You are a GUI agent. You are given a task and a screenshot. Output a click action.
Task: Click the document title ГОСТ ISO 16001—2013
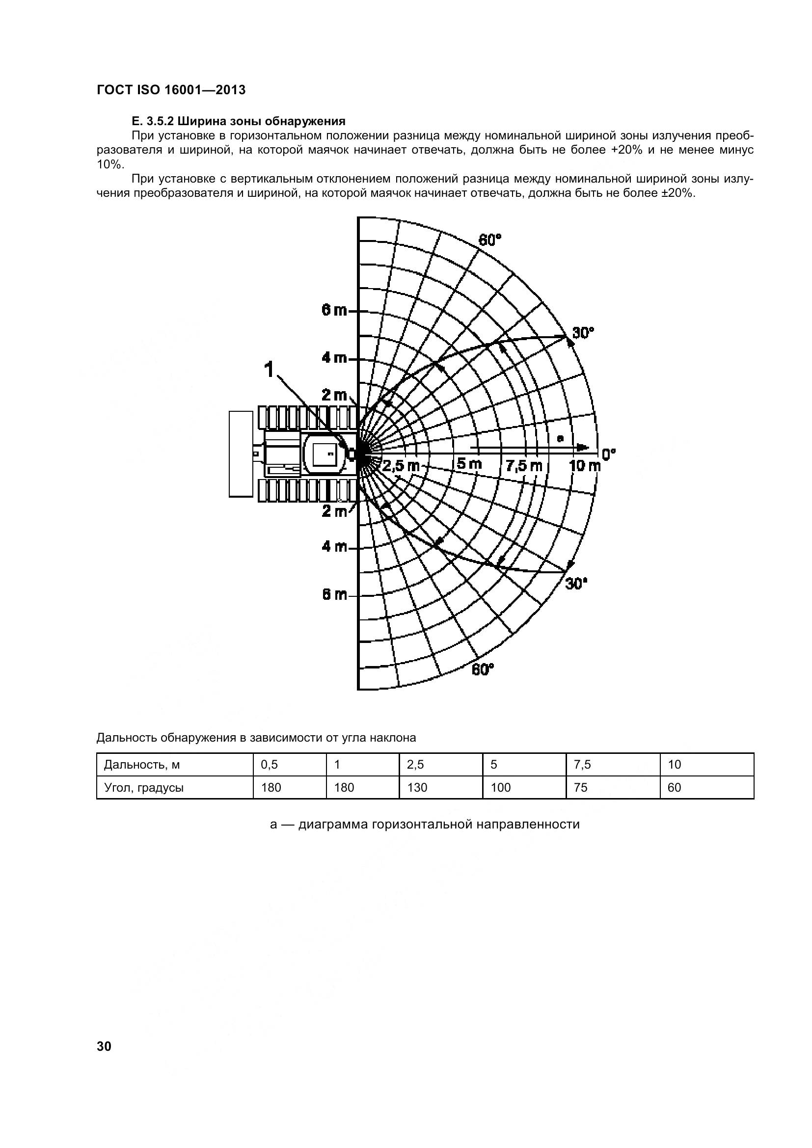[171, 90]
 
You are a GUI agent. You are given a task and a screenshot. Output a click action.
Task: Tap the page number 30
[104, 1046]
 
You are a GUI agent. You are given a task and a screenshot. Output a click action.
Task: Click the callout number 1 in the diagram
[269, 370]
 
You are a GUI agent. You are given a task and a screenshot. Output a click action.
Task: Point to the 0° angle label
[608, 454]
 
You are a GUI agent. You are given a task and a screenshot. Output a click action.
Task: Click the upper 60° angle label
[489, 240]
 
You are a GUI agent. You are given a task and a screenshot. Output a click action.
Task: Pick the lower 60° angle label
[483, 669]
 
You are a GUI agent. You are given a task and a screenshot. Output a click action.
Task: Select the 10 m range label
[585, 465]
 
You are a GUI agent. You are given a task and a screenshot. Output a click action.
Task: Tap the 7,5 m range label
[523, 465]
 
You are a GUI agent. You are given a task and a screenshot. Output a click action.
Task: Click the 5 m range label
[469, 464]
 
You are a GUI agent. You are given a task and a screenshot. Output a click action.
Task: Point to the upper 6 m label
[334, 311]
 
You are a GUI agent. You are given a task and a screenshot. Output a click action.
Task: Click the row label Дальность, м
[141, 765]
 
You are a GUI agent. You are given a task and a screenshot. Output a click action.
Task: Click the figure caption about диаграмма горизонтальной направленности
[425, 824]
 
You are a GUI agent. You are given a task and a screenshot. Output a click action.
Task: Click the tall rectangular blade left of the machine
[241, 454]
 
